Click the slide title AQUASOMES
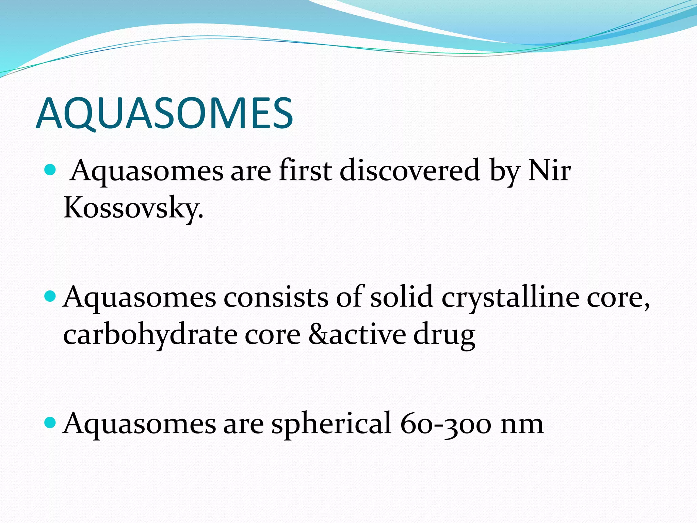164,113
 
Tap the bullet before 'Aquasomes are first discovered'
50,169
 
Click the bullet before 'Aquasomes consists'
50,296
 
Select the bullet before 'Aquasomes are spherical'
50,423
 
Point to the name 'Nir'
549,170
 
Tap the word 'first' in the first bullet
305,170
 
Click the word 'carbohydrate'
150,335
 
